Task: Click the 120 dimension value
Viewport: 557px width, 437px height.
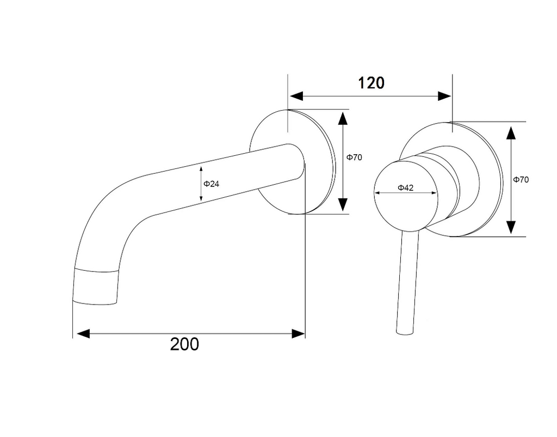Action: coord(371,83)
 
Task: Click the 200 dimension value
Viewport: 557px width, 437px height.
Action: coord(184,344)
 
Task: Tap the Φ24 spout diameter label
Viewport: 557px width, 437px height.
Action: coord(212,184)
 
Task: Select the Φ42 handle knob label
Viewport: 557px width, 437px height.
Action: coord(405,187)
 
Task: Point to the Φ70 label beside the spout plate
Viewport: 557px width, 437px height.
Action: coord(354,157)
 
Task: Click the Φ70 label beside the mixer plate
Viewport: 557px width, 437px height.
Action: coord(521,180)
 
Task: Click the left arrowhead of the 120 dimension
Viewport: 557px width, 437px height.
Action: coord(296,96)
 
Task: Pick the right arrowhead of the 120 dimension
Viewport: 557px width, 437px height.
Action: coord(444,96)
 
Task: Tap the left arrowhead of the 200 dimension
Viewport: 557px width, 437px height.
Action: coord(83,334)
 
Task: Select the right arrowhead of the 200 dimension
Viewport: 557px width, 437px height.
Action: coord(299,334)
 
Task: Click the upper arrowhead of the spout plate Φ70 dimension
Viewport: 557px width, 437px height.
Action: coord(343,118)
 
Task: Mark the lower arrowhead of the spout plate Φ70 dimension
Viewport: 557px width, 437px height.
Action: coord(343,205)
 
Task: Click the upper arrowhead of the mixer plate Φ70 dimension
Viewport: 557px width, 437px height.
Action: coord(511,133)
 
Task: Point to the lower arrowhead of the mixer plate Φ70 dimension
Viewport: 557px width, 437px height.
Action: coord(511,227)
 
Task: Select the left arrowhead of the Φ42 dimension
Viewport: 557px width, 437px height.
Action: coord(377,193)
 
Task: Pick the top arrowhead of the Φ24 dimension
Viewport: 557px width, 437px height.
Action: coord(201,170)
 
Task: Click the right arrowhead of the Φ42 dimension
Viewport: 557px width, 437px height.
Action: coord(434,193)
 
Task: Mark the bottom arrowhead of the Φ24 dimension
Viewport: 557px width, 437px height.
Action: coord(201,198)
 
